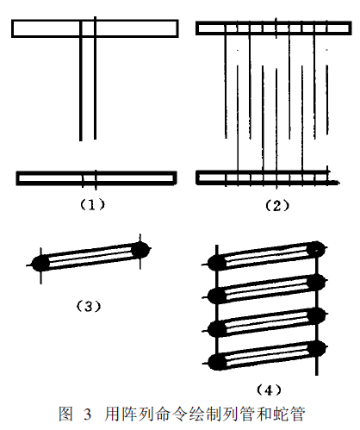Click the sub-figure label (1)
tap(92, 204)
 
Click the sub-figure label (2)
tap(277, 205)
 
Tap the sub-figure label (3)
tap(89, 307)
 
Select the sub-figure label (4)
tap(269, 389)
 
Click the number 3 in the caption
tap(88, 415)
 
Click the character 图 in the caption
tap(65, 414)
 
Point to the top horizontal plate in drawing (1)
tap(95, 28)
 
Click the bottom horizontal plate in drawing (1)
tap(96, 178)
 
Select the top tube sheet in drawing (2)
tap(274, 28)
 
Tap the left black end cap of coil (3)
tap(40, 264)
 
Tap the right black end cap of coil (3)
tap(140, 250)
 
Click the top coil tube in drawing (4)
tap(267, 256)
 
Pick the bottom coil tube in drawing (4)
tap(267, 355)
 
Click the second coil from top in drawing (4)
tap(267, 289)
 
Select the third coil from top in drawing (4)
tap(267, 322)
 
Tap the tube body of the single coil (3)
tap(90, 257)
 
